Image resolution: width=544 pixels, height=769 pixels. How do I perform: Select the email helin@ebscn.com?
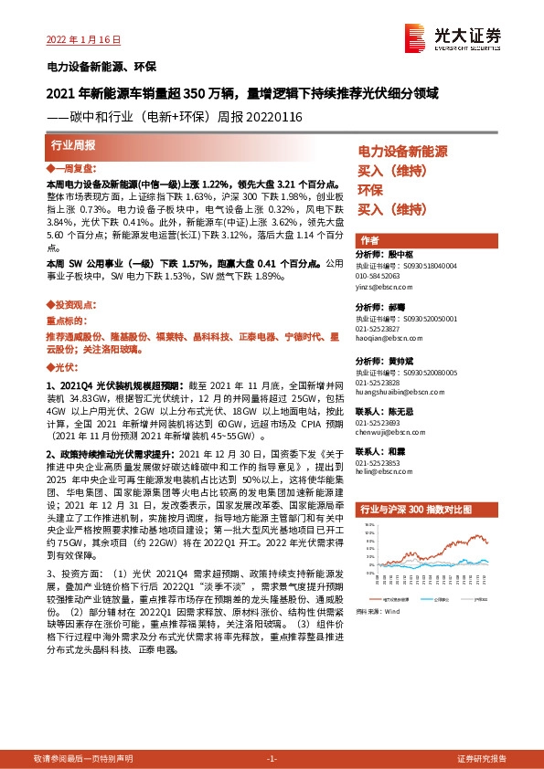[379, 472]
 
